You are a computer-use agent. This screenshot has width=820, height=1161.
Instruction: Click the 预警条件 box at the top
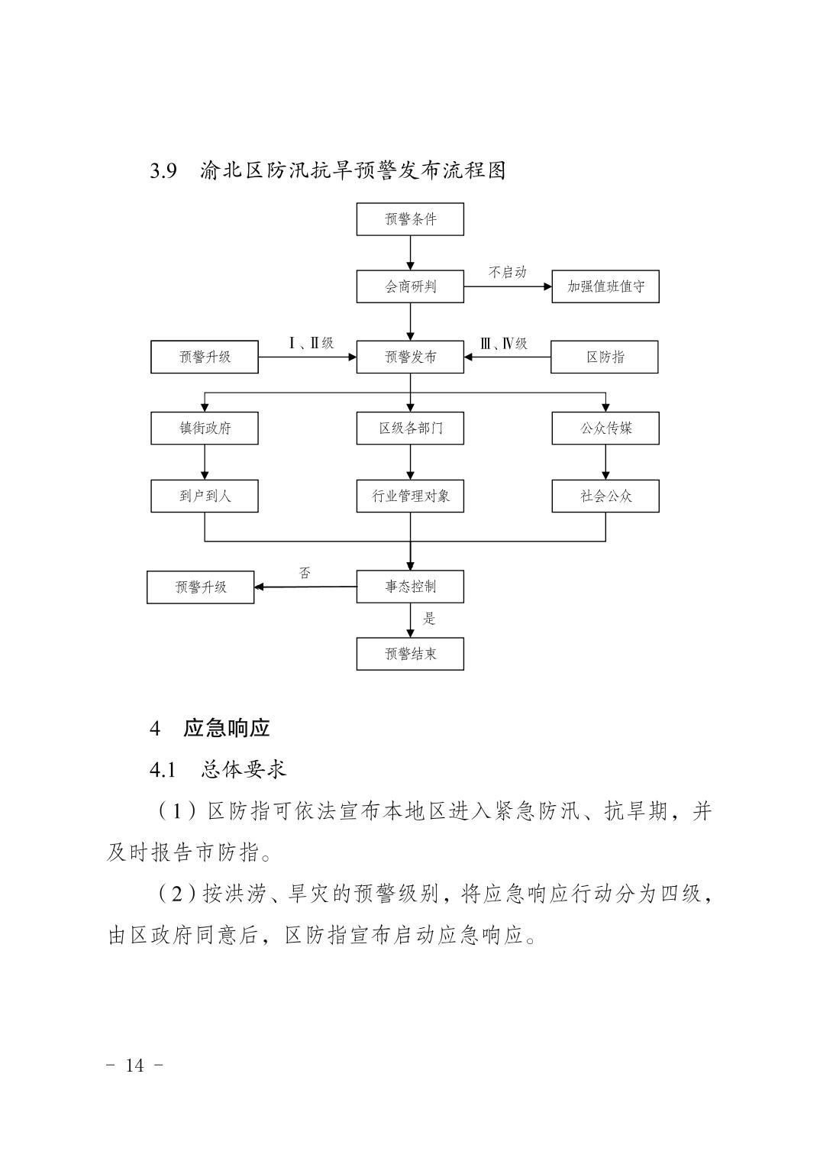(410, 219)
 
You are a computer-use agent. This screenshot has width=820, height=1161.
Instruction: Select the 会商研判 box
(410, 286)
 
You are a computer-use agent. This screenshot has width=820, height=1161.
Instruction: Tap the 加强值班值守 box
(605, 286)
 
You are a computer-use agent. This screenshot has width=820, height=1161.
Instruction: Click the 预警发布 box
(410, 357)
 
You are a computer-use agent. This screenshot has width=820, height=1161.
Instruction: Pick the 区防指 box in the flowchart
(605, 357)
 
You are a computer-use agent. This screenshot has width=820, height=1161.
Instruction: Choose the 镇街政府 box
(205, 428)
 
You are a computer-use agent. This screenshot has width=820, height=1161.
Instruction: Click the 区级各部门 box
(410, 428)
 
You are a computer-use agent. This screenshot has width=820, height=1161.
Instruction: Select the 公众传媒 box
(605, 428)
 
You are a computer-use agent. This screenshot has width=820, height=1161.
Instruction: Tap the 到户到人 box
(205, 496)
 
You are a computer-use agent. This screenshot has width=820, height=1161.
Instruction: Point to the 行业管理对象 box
(410, 496)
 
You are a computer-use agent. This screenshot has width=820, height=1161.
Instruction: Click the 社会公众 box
(605, 496)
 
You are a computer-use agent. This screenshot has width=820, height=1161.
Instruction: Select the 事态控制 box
(410, 587)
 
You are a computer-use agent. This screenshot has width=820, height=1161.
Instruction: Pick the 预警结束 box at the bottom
(410, 654)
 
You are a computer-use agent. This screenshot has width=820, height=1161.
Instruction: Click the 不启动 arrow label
(508, 273)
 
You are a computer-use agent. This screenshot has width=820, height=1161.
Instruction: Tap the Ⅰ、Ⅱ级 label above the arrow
(312, 343)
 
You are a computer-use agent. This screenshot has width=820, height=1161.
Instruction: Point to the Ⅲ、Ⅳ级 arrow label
(504, 344)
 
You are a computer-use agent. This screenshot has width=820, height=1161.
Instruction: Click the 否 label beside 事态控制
(305, 573)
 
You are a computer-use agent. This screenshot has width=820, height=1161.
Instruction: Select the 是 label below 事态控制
(429, 619)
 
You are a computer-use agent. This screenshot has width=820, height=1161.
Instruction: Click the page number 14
(134, 1066)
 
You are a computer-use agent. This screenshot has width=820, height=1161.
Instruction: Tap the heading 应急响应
(226, 728)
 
